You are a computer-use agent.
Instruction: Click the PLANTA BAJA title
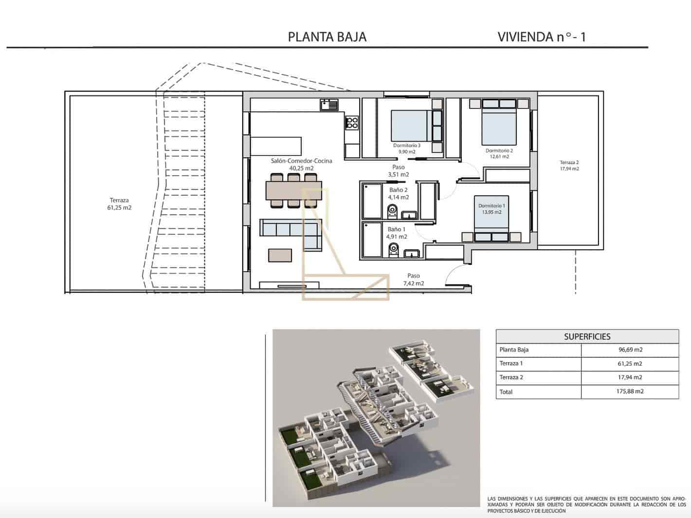point(327,37)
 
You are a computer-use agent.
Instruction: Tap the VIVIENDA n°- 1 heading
point(542,37)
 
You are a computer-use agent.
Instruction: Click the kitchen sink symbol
point(329,105)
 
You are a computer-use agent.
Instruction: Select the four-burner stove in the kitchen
point(352,123)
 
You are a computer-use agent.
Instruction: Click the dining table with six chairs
point(293,190)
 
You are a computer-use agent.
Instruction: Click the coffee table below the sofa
point(280,255)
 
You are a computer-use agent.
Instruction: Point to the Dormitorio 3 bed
point(410,126)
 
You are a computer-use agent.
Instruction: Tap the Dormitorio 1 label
point(491,206)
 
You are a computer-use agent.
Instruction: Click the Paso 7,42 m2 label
point(413,279)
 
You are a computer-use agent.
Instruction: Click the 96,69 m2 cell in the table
point(630,350)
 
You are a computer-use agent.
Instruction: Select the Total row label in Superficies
point(506,391)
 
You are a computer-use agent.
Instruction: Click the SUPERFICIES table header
point(587,336)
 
